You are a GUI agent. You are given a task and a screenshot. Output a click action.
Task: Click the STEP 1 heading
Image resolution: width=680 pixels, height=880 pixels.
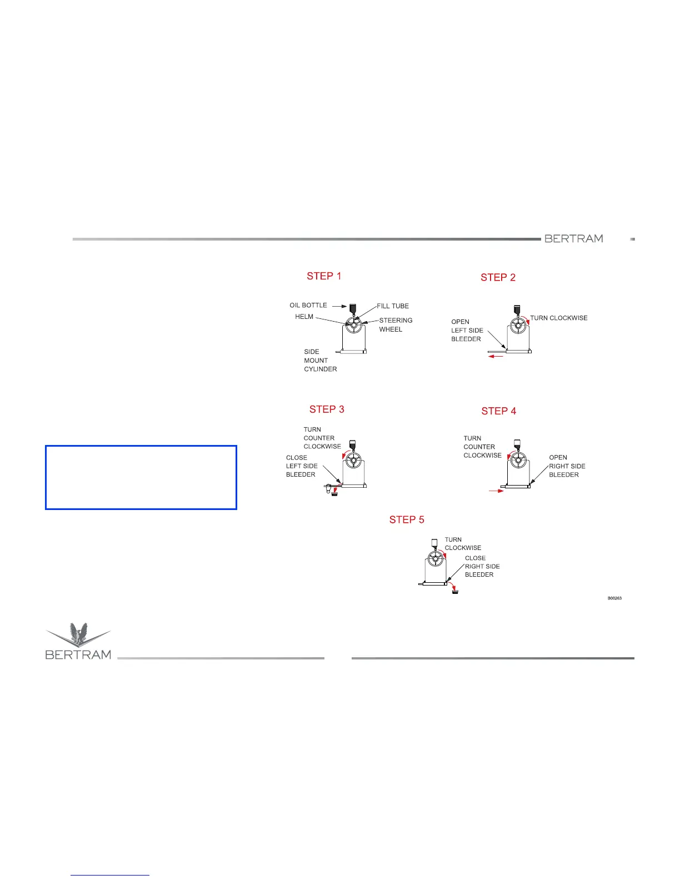pyautogui.click(x=324, y=276)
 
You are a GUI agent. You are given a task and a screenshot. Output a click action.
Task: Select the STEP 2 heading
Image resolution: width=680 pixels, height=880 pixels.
pyautogui.click(x=498, y=278)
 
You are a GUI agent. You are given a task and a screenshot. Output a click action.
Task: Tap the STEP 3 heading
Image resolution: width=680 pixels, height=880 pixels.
pyautogui.click(x=327, y=409)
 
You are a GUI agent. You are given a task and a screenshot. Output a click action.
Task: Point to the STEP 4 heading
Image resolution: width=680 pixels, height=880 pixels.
pyautogui.click(x=498, y=411)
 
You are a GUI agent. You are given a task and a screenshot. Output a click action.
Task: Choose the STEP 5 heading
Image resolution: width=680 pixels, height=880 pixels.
pyautogui.click(x=407, y=520)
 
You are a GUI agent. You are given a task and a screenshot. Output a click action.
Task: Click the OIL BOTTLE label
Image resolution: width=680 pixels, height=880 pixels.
pyautogui.click(x=308, y=306)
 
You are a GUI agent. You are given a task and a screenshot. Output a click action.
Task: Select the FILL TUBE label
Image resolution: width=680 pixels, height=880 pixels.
pyautogui.click(x=393, y=306)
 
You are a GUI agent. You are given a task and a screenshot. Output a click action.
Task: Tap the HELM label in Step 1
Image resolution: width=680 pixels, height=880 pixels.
pyautogui.click(x=304, y=317)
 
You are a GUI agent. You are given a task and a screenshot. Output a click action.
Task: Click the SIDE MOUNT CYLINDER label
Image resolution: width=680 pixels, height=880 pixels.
pyautogui.click(x=320, y=361)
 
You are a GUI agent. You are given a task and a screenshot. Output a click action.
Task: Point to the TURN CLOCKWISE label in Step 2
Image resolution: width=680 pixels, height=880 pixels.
pyautogui.click(x=559, y=318)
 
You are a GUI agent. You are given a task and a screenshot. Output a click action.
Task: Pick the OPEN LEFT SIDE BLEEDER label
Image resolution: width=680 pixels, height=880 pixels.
pyautogui.click(x=467, y=331)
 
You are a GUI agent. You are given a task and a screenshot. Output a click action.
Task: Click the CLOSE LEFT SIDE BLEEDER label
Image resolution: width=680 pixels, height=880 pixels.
pyautogui.click(x=302, y=466)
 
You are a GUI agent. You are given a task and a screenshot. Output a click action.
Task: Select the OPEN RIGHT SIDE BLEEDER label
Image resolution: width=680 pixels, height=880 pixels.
pyautogui.click(x=567, y=466)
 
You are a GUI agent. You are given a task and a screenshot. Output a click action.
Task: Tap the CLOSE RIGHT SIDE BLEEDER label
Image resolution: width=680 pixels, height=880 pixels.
pyautogui.click(x=482, y=567)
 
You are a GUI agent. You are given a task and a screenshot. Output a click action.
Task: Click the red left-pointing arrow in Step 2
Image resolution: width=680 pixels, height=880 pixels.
pyautogui.click(x=496, y=357)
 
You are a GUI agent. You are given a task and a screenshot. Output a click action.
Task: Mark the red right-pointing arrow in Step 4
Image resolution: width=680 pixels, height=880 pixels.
pyautogui.click(x=496, y=491)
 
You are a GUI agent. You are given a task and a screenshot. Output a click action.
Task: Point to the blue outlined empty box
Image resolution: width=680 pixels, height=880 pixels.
pyautogui.click(x=141, y=477)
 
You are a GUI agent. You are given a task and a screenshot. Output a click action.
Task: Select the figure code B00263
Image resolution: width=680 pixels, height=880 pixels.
pyautogui.click(x=614, y=598)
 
